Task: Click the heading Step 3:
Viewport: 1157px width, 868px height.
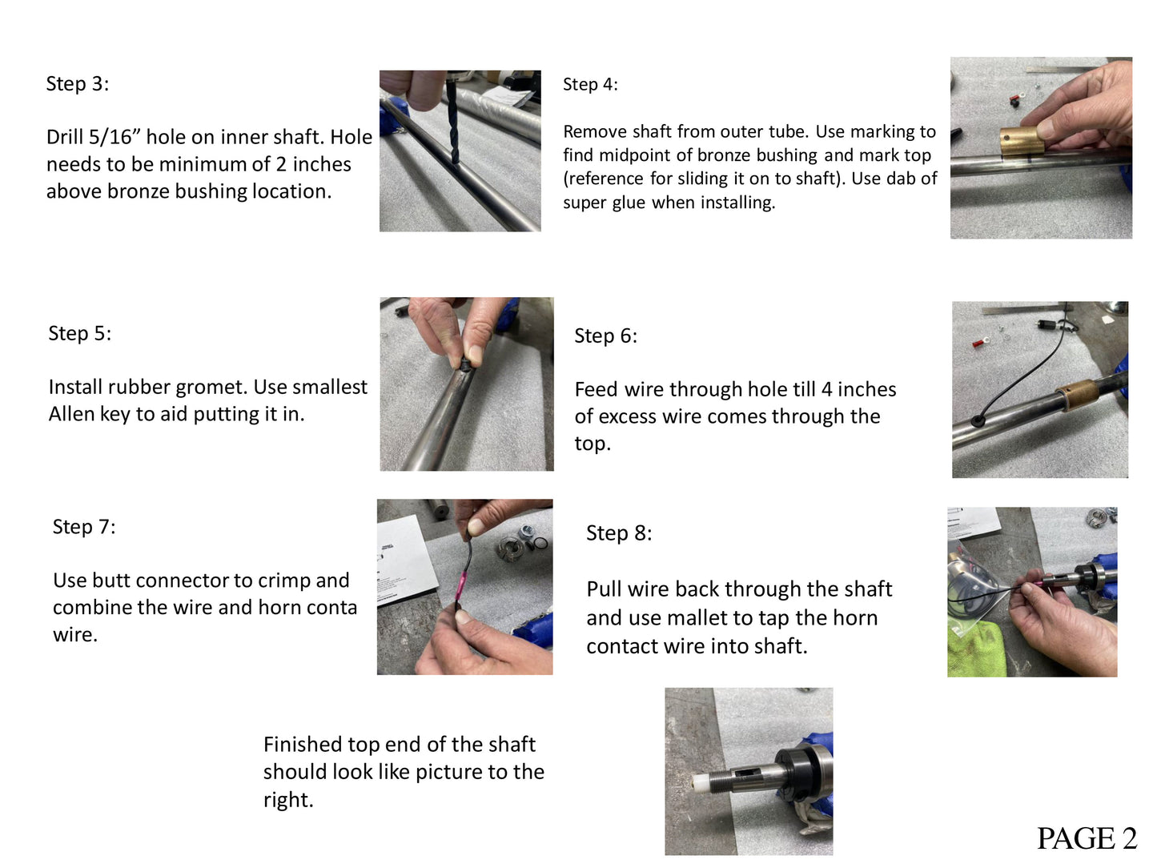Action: [x=78, y=83]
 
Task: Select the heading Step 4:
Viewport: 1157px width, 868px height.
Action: [x=590, y=84]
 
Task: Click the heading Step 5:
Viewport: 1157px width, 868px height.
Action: [x=79, y=333]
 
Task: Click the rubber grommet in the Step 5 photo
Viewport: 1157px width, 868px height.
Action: [x=465, y=364]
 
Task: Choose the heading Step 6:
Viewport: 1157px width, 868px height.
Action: [x=605, y=336]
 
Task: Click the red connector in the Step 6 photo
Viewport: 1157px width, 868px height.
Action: [x=978, y=343]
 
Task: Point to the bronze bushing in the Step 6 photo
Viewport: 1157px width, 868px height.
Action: [x=1075, y=395]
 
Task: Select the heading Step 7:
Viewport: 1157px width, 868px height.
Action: [x=84, y=527]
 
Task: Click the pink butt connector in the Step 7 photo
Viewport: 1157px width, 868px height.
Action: [x=461, y=585]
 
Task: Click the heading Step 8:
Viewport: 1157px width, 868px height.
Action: [x=619, y=532]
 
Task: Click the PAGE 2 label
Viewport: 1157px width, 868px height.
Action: [x=1087, y=838]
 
